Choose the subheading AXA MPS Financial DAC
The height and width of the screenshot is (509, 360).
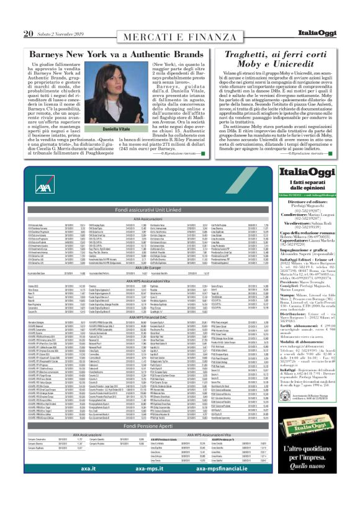[139, 317]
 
